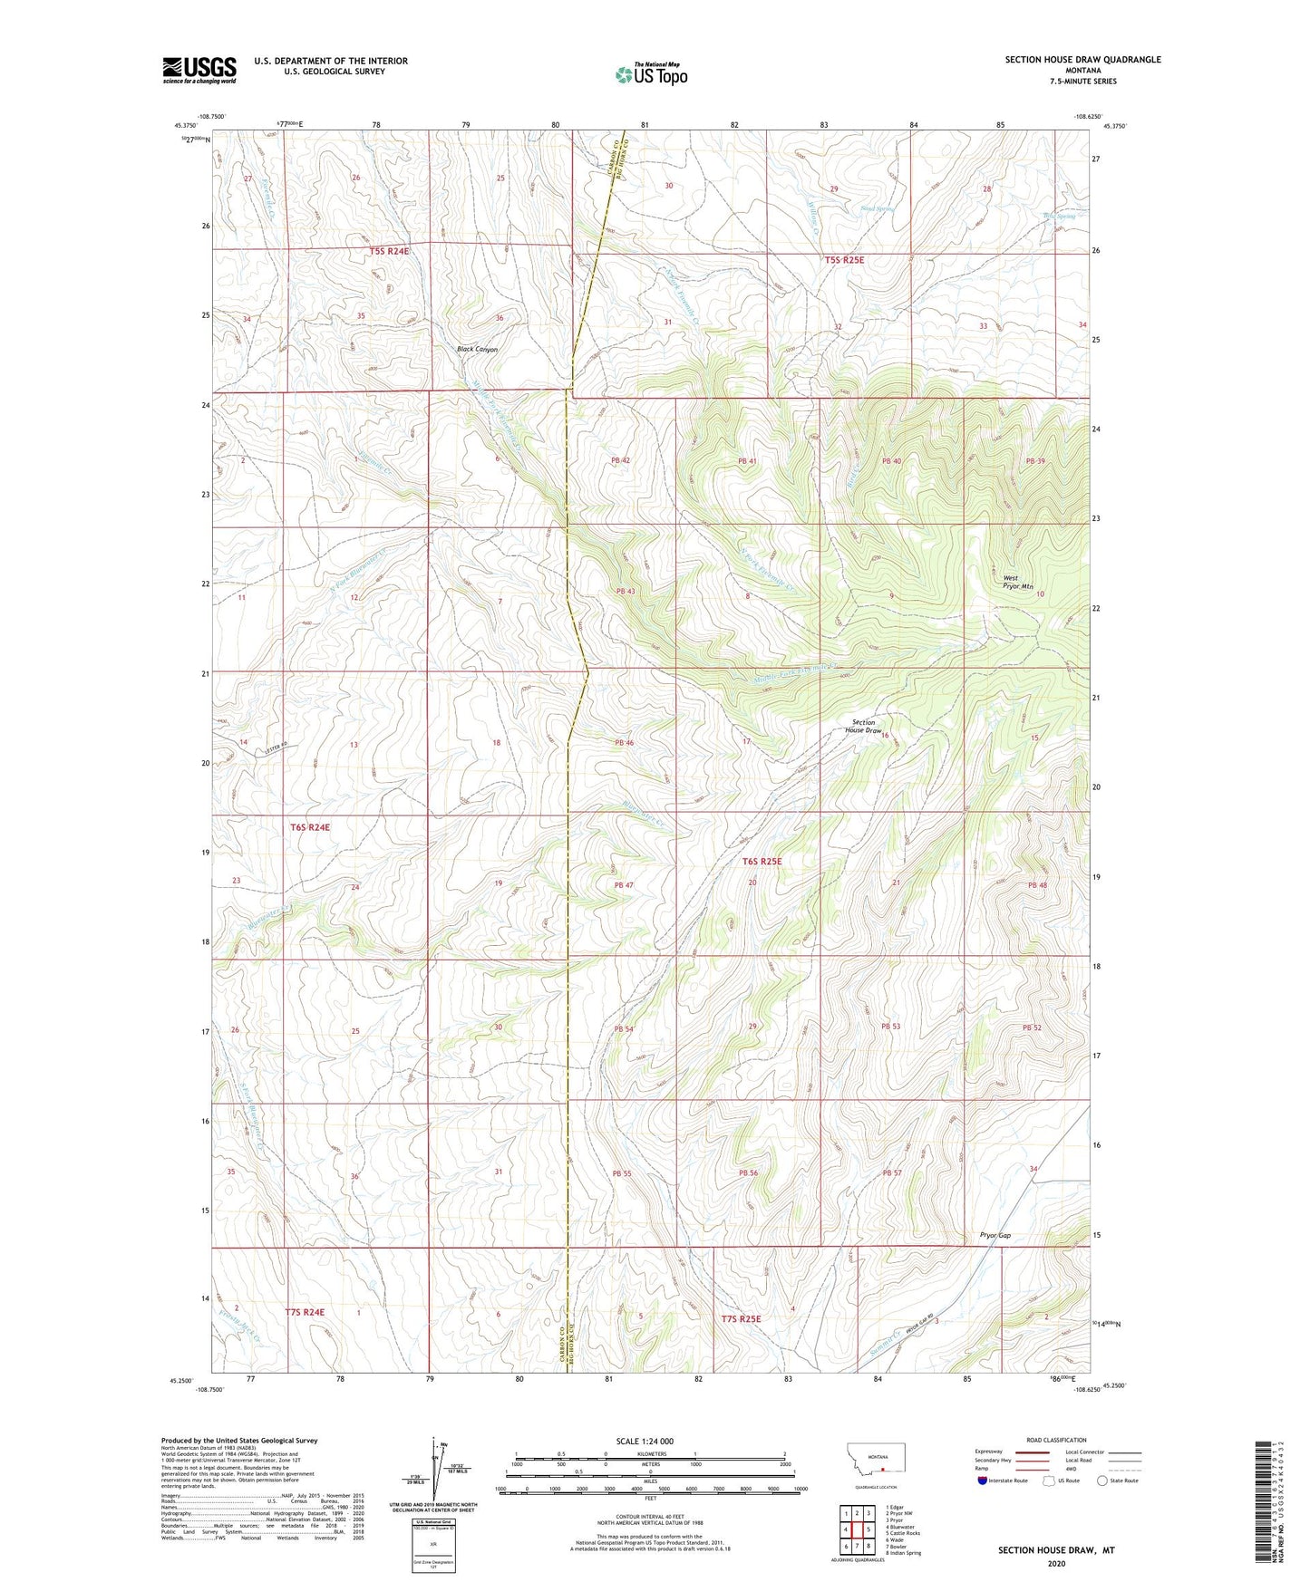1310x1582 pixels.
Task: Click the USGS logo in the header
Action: (x=199, y=70)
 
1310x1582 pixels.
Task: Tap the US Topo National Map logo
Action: (x=650, y=74)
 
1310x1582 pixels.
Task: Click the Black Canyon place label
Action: (x=477, y=349)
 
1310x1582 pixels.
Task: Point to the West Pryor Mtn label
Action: (x=1017, y=583)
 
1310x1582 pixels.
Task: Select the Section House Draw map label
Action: (x=863, y=726)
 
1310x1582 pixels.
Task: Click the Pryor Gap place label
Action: (x=995, y=1235)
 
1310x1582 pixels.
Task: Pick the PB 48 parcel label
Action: (x=1037, y=885)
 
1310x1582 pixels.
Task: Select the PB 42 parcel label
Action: (x=620, y=460)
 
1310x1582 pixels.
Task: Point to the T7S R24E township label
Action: (x=304, y=1311)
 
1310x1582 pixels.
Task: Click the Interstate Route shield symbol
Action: (x=983, y=1481)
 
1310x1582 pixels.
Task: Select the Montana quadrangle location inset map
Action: (x=877, y=1462)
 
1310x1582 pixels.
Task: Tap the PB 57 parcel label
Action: (x=892, y=1173)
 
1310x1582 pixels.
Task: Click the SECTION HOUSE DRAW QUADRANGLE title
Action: (x=1082, y=60)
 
